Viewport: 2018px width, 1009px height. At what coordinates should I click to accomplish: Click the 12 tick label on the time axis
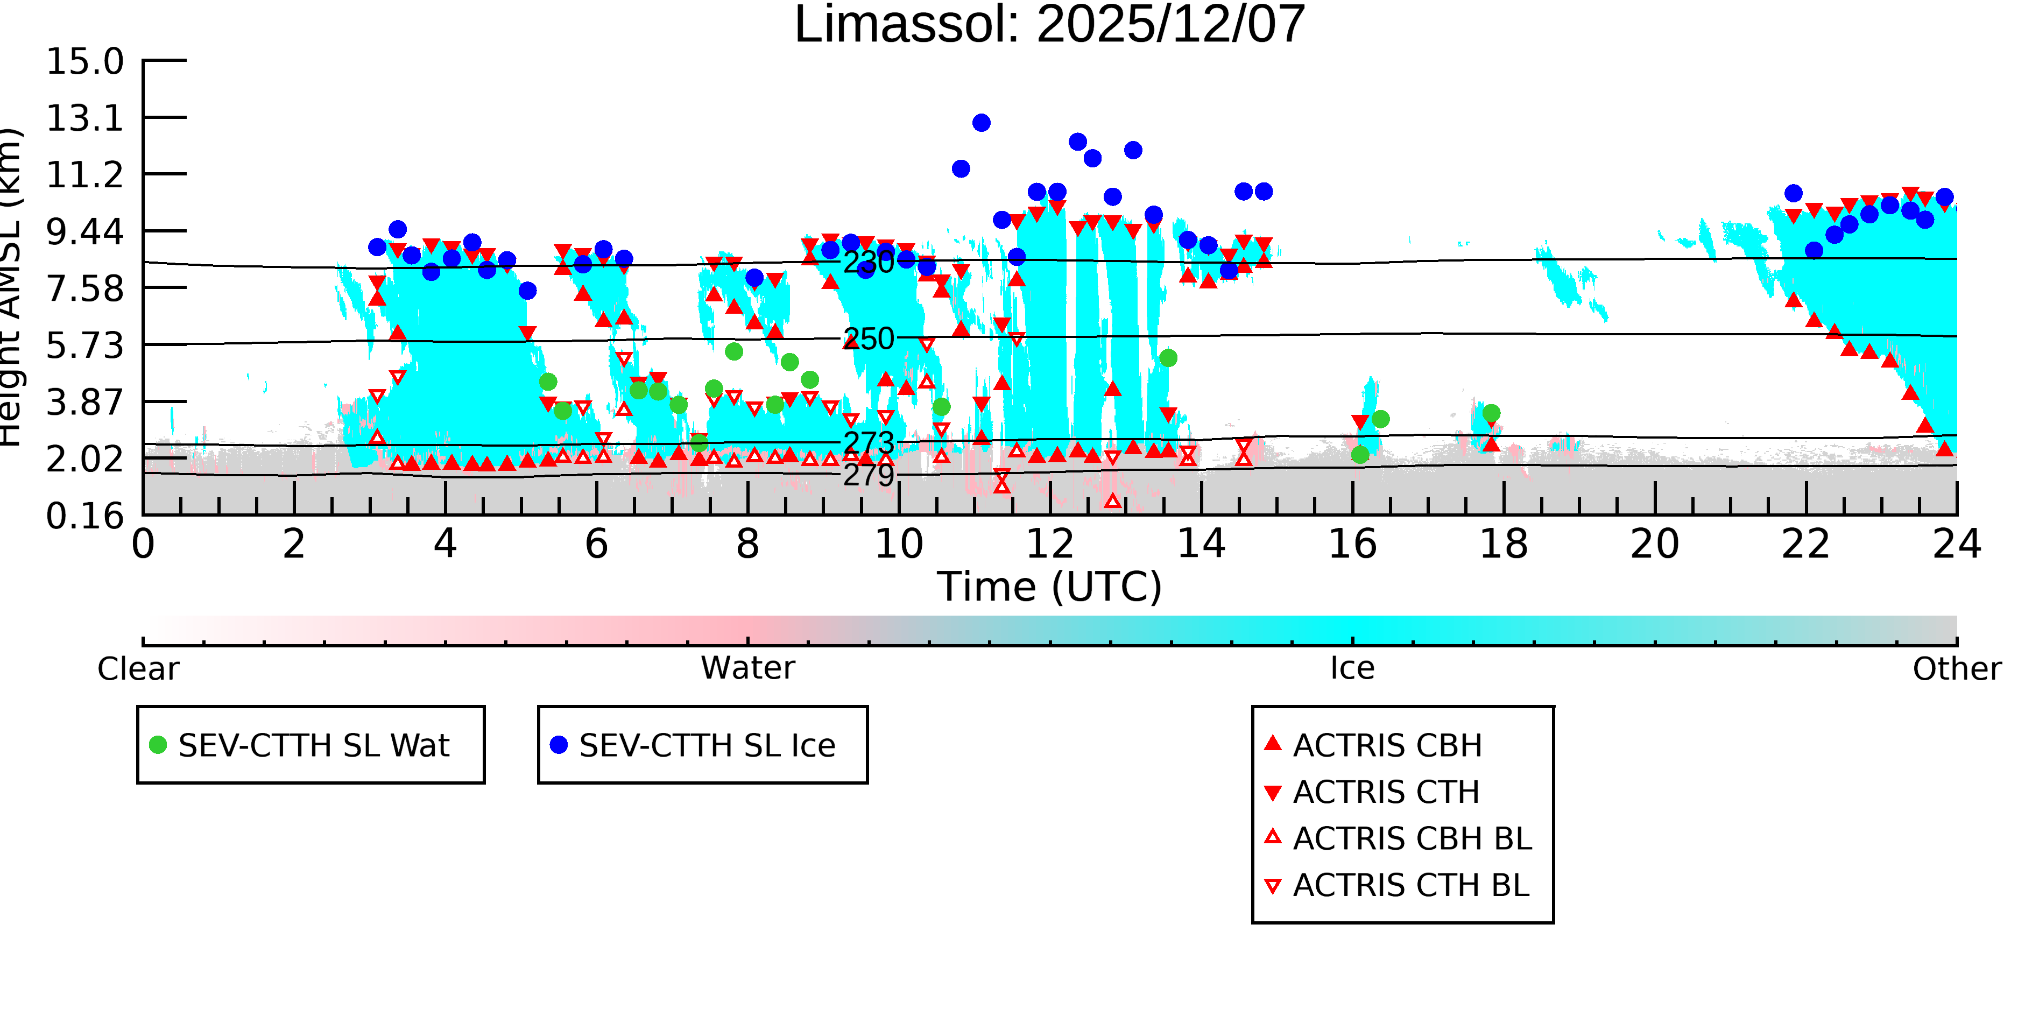[x=1050, y=544]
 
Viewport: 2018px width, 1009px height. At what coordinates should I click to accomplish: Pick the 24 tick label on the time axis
[x=1957, y=544]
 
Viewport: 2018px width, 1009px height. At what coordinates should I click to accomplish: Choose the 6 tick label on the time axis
[x=596, y=544]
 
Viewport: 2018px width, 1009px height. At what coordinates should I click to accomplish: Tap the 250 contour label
[x=869, y=338]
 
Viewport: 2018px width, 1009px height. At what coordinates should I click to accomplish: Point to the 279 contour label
[x=869, y=475]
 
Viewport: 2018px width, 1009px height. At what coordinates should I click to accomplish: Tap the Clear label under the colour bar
[x=138, y=669]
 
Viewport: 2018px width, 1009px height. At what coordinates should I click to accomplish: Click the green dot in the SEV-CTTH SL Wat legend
[x=158, y=745]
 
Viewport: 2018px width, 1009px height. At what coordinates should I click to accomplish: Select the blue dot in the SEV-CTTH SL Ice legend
[x=559, y=745]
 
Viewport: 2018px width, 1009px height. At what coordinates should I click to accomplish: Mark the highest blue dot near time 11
[x=982, y=123]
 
